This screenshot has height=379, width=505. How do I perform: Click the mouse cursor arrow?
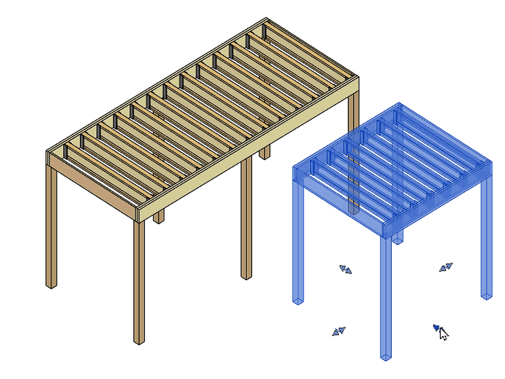443,334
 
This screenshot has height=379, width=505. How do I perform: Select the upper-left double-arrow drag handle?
346,269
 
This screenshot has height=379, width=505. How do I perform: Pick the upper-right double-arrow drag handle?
446,267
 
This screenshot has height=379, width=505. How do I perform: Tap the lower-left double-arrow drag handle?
339,331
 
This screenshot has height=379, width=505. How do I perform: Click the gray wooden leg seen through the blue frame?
352,188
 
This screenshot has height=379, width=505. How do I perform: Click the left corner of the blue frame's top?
294,167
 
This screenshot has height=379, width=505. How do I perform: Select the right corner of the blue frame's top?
491,162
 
